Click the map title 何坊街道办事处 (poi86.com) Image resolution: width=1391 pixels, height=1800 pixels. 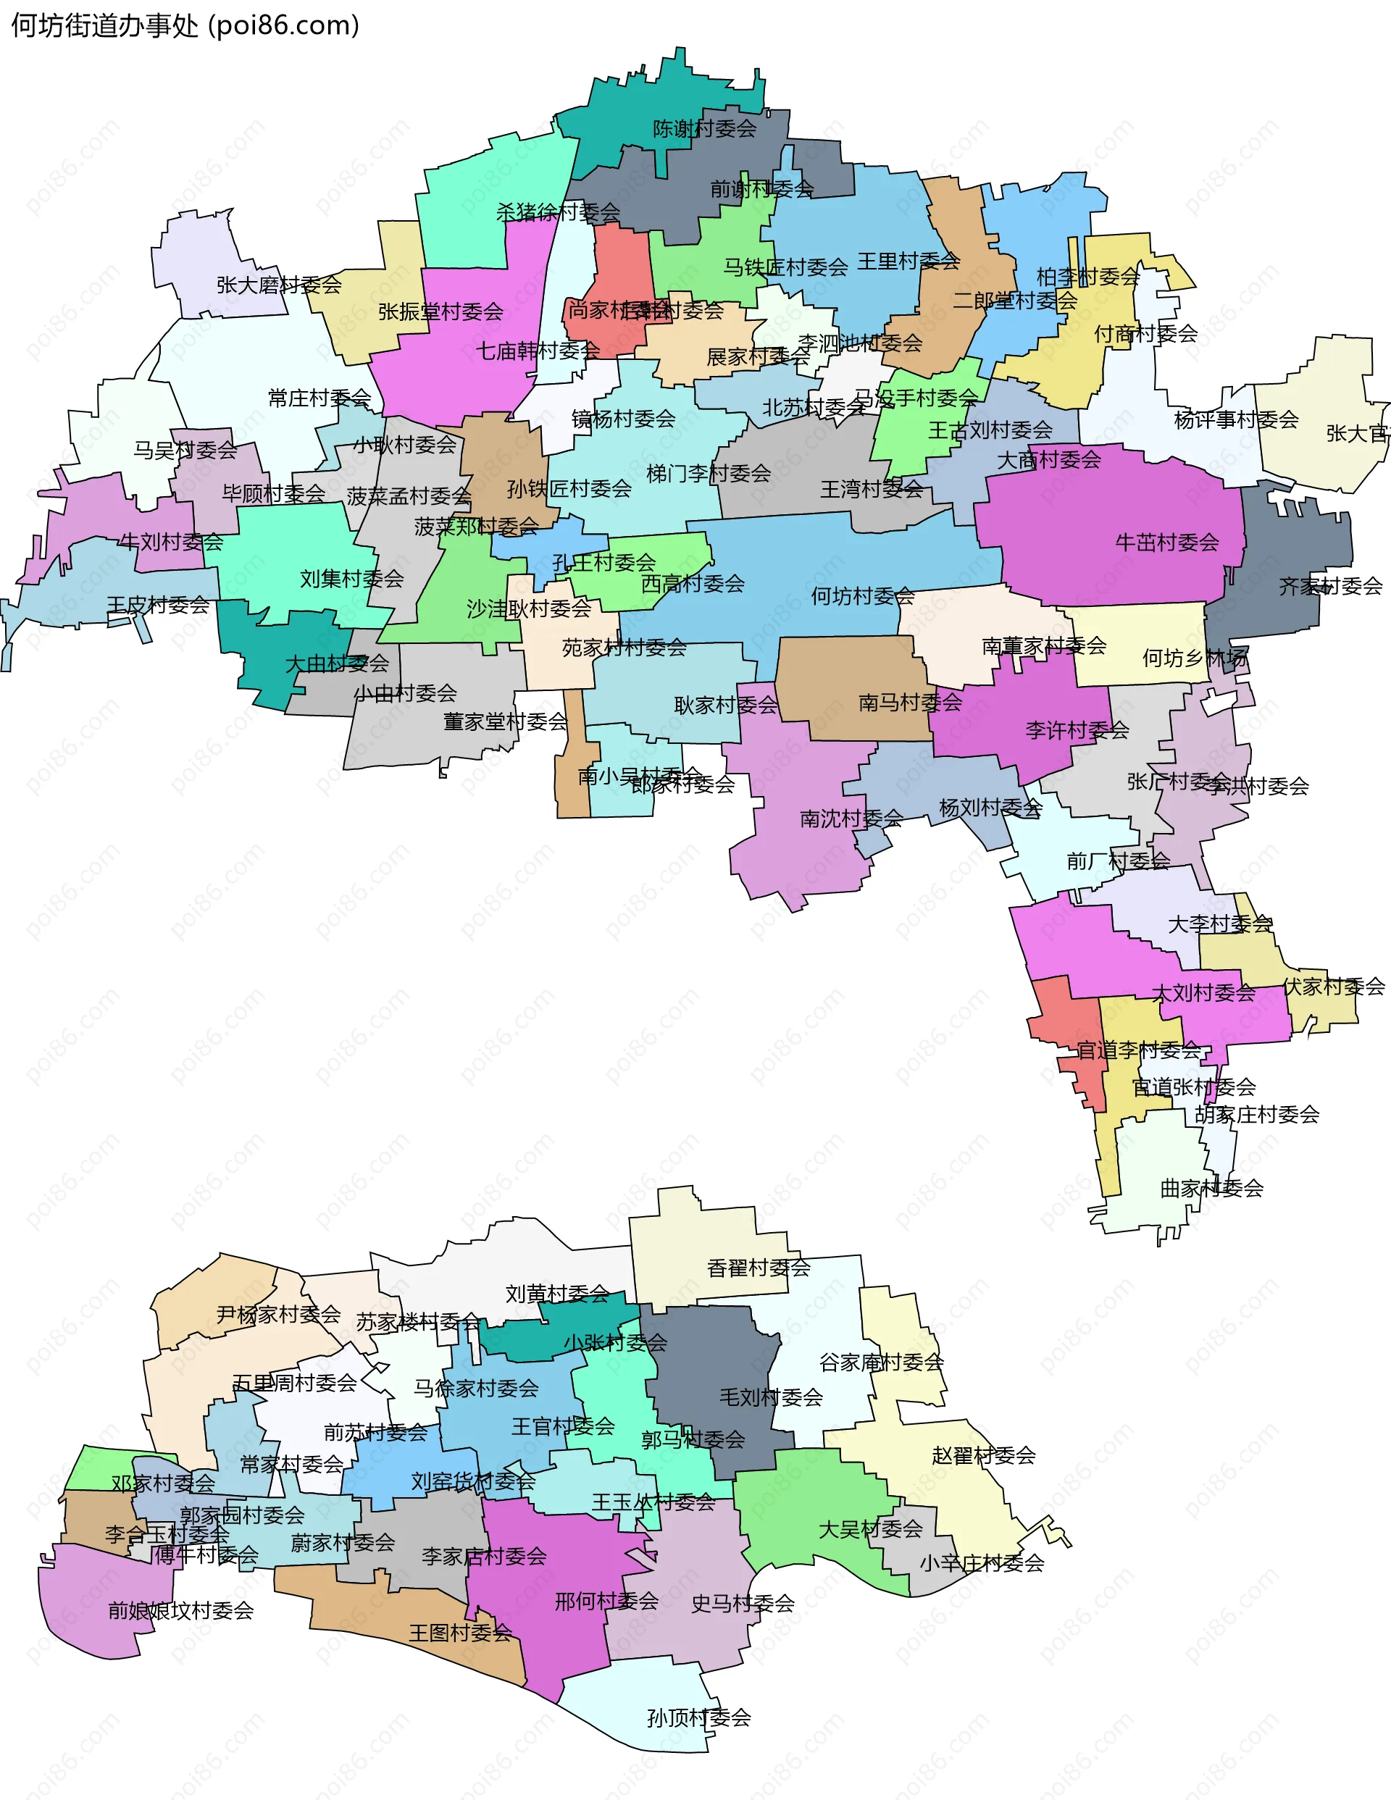[185, 25]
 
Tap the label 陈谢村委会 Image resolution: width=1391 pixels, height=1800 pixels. [704, 129]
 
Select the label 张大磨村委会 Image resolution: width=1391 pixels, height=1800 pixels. [279, 285]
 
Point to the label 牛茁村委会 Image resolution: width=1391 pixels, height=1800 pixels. [1166, 543]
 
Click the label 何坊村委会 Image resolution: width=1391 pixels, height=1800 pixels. [862, 596]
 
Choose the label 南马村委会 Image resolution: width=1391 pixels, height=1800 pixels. [909, 702]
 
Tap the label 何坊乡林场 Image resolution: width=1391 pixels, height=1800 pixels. [1195, 658]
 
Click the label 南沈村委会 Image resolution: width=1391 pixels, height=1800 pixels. [851, 819]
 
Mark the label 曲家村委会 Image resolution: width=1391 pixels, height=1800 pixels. [1211, 1189]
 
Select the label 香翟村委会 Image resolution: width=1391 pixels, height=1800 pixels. [759, 1268]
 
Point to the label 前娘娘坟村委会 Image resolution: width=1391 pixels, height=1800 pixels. [180, 1610]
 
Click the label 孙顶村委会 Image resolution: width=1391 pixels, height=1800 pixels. [698, 1717]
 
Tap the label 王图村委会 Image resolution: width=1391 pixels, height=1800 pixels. [460, 1633]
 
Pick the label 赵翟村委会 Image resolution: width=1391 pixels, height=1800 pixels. [983, 1455]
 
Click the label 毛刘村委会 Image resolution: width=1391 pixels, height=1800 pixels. [771, 1397]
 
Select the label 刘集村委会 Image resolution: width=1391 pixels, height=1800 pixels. [351, 579]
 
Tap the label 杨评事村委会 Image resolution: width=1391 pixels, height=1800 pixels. [1236, 419]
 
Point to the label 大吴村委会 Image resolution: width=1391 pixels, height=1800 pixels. [870, 1530]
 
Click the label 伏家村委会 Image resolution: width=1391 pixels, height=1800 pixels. [1333, 987]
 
